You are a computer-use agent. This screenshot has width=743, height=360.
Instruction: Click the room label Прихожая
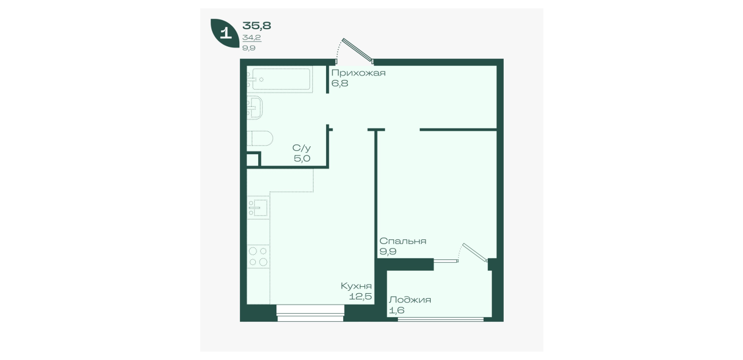(358, 73)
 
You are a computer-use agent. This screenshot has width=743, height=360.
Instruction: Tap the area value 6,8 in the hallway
(340, 83)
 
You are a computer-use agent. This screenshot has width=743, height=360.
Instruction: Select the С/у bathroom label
(302, 148)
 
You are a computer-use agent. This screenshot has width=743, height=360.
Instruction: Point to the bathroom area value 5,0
(302, 159)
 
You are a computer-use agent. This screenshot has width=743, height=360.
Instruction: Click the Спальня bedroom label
(403, 241)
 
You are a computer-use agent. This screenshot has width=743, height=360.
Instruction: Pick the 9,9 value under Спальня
(388, 251)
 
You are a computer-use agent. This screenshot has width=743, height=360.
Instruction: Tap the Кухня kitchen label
(356, 286)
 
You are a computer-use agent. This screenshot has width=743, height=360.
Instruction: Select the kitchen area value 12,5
(360, 297)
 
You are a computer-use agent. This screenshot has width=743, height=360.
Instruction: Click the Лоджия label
(410, 300)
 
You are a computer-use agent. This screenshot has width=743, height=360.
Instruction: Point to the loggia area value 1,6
(396, 310)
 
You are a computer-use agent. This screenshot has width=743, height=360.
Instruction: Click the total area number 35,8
(257, 26)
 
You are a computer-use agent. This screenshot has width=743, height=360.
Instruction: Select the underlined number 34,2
(252, 38)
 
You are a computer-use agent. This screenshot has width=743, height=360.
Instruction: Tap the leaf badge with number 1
(225, 33)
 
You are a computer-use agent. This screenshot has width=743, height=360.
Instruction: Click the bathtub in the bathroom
(281, 79)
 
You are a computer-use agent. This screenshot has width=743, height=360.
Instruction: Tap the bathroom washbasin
(255, 107)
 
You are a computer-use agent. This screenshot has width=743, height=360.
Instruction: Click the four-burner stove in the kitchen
(258, 256)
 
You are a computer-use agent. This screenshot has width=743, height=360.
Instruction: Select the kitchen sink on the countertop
(258, 207)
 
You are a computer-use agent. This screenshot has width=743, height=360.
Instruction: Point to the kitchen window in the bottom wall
(310, 314)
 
